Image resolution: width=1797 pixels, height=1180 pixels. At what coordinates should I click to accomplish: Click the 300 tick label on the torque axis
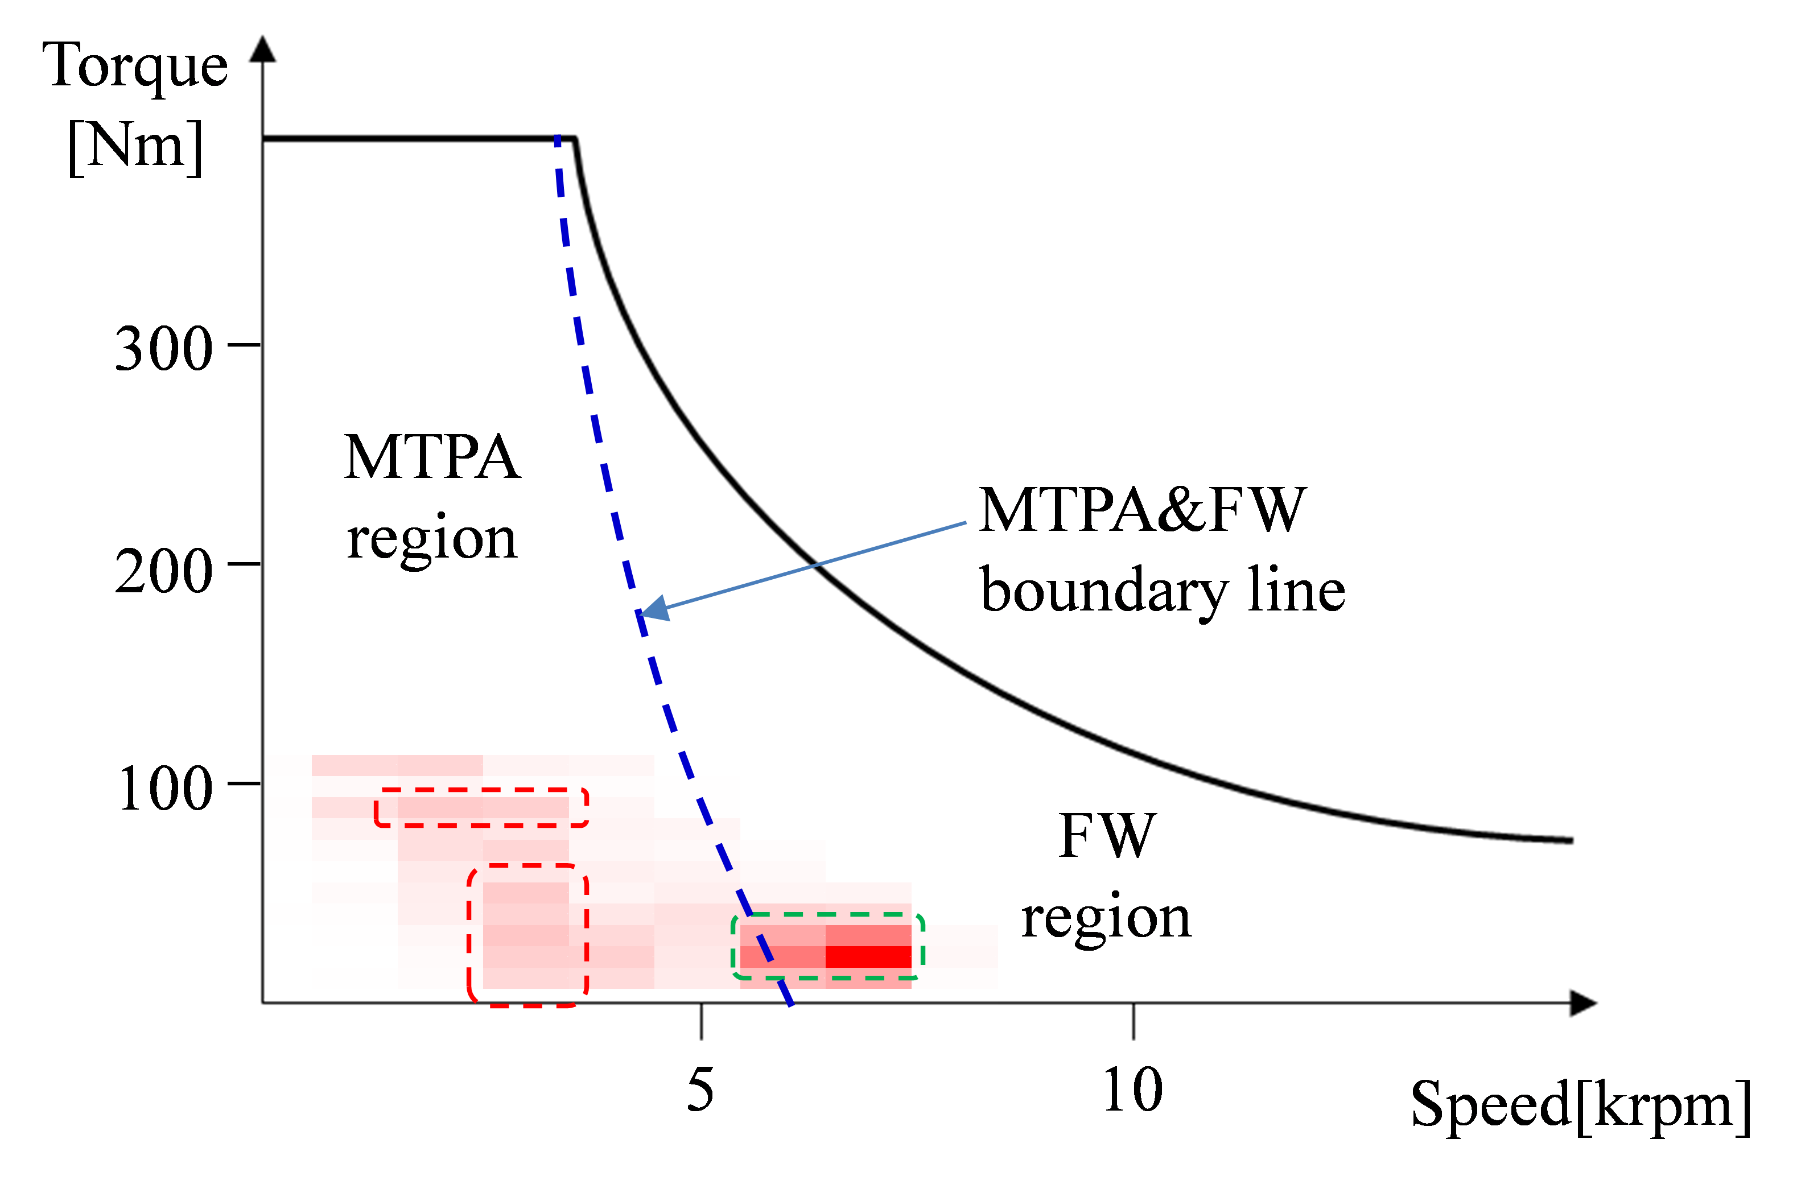click(163, 349)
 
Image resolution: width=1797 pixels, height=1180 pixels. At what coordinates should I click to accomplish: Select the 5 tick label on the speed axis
click(700, 1090)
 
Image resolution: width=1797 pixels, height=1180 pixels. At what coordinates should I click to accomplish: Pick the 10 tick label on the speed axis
click(1132, 1090)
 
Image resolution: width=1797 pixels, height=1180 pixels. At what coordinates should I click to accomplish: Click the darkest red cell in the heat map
click(868, 956)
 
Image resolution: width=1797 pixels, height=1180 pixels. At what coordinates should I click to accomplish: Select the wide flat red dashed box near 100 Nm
click(481, 790)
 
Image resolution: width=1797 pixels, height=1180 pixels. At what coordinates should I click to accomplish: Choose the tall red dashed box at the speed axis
click(469, 936)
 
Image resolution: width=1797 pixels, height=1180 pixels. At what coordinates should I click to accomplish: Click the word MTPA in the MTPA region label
click(432, 457)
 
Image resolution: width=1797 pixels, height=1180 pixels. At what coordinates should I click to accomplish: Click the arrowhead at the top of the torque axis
click(263, 48)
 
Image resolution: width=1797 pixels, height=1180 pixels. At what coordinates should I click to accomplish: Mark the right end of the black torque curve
click(1572, 840)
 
